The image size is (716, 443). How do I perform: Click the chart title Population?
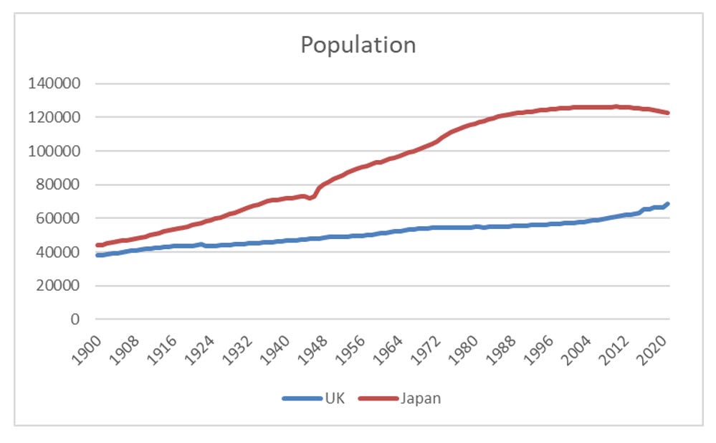[x=358, y=45]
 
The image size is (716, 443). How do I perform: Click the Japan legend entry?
[x=421, y=398]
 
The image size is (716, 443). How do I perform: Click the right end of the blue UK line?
[x=668, y=204]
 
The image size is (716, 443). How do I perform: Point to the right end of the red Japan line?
[x=668, y=113]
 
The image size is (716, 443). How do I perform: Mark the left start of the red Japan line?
[x=97, y=245]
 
